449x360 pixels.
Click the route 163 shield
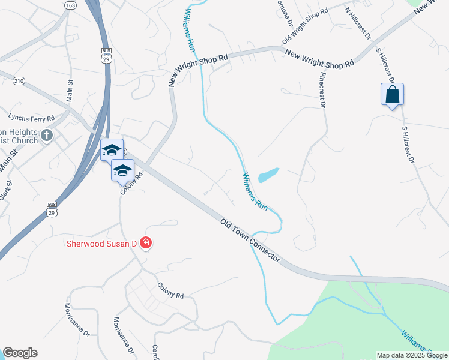(70, 5)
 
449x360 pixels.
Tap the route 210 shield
(18, 81)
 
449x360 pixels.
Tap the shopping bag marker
(392, 95)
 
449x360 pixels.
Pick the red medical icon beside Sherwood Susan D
(145, 243)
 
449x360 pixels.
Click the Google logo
(20, 353)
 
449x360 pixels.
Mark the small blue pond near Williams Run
(268, 175)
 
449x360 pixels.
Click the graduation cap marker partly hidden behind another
(112, 150)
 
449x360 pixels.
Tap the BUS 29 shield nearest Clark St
(52, 209)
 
